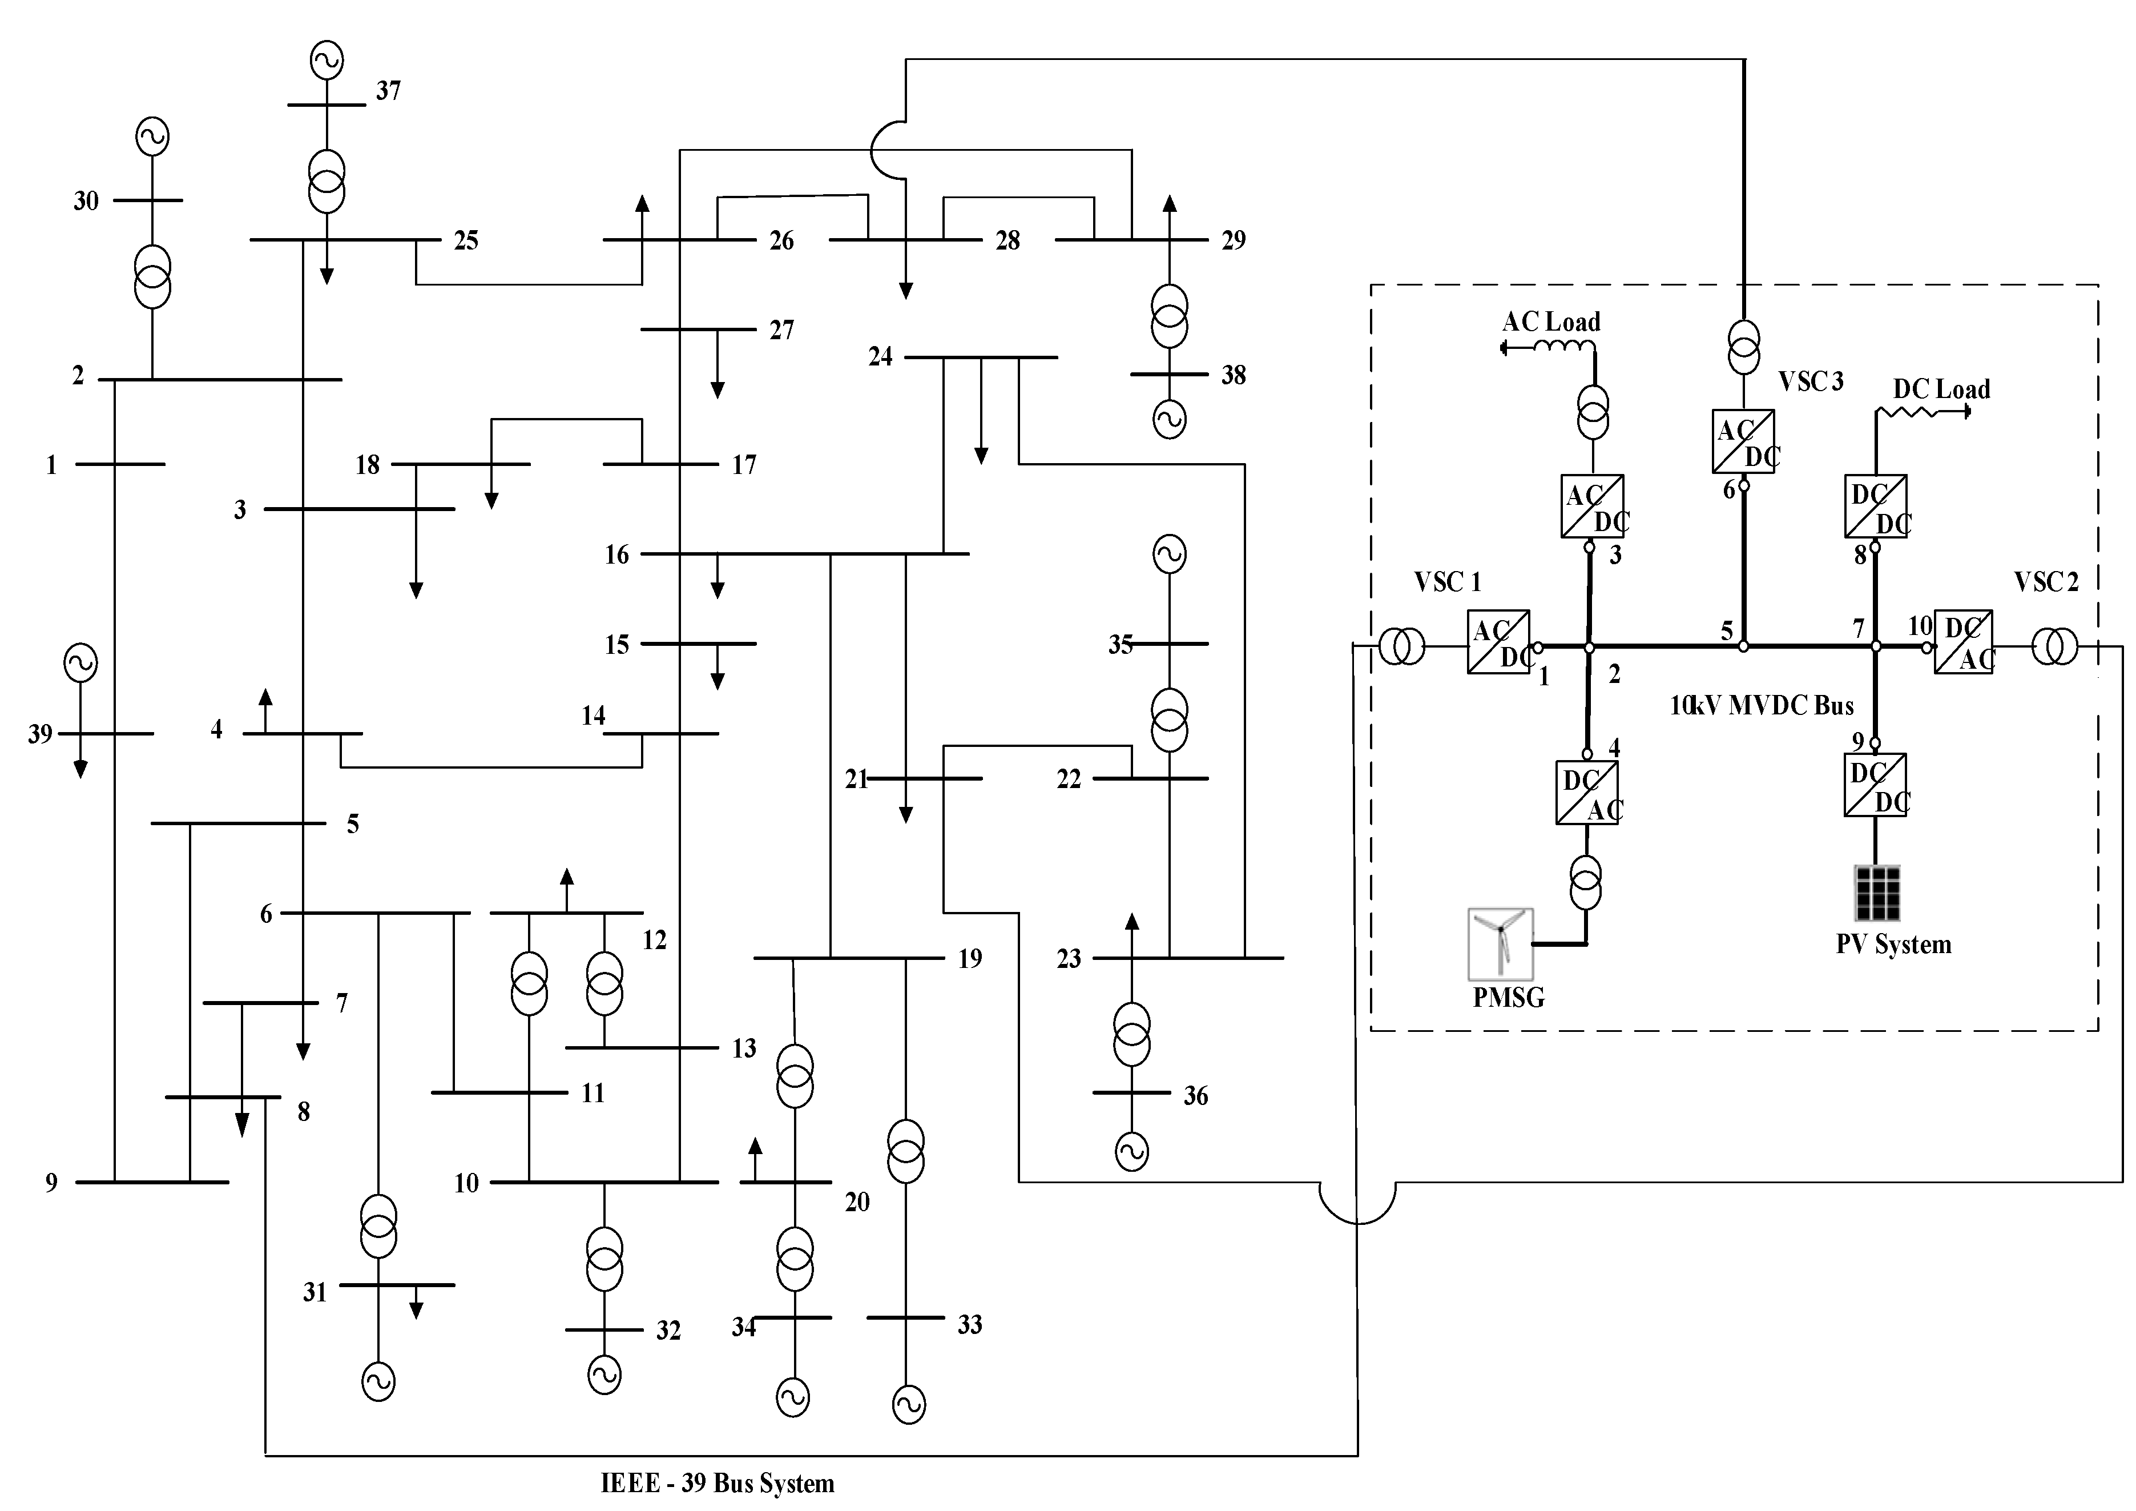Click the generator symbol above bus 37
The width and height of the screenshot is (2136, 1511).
(x=327, y=61)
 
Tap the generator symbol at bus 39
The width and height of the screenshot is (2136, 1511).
(x=80, y=664)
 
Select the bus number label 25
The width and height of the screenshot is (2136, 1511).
(x=466, y=241)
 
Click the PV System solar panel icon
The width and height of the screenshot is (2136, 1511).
(x=1876, y=893)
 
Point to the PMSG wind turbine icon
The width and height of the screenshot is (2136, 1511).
(x=1500, y=942)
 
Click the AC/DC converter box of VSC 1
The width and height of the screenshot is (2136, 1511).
(x=1498, y=642)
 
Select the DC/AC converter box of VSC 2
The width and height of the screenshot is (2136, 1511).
(x=1963, y=642)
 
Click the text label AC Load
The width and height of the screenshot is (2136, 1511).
(x=1551, y=322)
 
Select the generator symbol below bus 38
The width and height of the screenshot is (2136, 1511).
(x=1170, y=419)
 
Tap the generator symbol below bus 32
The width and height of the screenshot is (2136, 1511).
(x=604, y=1374)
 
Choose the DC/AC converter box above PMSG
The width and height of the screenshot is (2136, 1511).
(x=1586, y=793)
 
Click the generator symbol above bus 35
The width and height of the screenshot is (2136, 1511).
(x=1170, y=554)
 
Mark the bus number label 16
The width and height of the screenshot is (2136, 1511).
(x=617, y=556)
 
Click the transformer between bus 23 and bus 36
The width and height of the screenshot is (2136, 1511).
(x=1131, y=1034)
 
